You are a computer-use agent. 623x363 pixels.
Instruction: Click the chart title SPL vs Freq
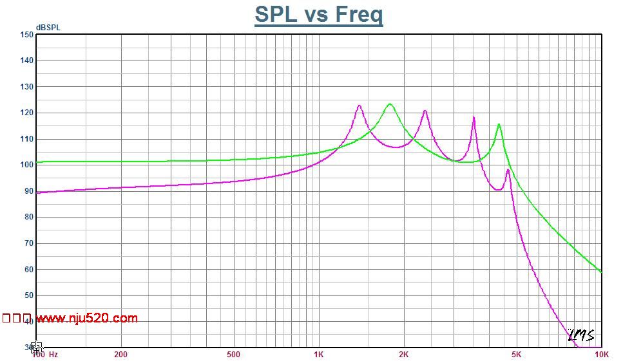[318, 14]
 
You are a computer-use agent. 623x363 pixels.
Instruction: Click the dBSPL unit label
[48, 28]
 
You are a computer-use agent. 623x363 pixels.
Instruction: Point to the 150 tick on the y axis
[26, 35]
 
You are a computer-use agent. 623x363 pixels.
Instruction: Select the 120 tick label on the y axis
[26, 113]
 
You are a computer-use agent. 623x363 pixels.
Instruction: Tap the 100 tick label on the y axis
[26, 165]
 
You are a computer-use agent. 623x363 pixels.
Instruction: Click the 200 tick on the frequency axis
[120, 355]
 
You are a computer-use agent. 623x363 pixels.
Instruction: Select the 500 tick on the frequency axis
[233, 355]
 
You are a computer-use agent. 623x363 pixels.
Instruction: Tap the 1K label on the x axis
[318, 355]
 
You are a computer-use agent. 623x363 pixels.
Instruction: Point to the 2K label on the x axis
[403, 355]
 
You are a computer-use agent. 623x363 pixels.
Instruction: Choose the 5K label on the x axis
[516, 355]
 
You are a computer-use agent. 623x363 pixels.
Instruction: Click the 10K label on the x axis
[601, 355]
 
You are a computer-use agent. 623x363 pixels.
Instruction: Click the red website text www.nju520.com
[87, 318]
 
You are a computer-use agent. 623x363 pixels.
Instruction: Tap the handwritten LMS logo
[580, 335]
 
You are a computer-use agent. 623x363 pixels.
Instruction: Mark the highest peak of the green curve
[390, 104]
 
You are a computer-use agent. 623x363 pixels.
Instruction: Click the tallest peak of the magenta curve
[359, 106]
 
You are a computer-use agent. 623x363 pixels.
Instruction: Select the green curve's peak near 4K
[499, 125]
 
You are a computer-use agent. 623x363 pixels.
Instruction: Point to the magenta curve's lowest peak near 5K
[508, 170]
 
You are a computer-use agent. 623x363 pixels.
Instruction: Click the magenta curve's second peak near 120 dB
[425, 111]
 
